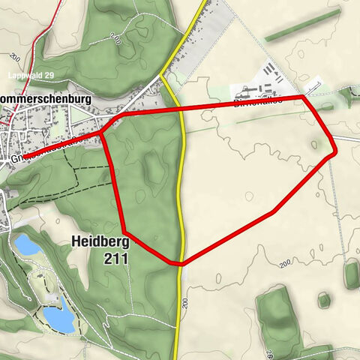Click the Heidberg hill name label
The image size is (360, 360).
point(100,242)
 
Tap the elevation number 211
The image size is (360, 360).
point(117,258)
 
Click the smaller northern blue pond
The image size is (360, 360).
point(27,244)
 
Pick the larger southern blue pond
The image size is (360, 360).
point(58,317)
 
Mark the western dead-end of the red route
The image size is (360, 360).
point(22,157)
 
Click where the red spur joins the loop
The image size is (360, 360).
point(103,133)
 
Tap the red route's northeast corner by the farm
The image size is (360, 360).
point(304,96)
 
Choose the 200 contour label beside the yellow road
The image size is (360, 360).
point(185,303)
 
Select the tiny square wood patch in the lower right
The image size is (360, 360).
point(324,301)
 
